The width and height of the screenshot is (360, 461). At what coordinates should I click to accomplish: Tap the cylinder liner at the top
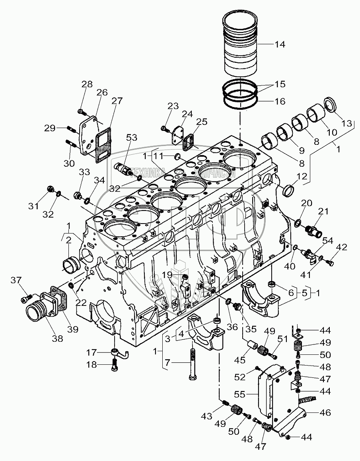[241, 44]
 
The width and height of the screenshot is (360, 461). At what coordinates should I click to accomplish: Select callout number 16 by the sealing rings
[280, 101]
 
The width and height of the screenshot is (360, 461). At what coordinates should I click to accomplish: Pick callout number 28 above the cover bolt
[87, 84]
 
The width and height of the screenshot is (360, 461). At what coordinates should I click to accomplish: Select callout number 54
[328, 240]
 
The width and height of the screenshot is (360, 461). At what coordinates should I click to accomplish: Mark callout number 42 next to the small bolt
[342, 247]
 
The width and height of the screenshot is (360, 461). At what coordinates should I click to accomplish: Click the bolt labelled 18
[114, 365]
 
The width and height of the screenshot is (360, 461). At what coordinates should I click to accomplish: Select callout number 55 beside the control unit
[250, 394]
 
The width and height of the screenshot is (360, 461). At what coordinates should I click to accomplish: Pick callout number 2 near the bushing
[68, 240]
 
